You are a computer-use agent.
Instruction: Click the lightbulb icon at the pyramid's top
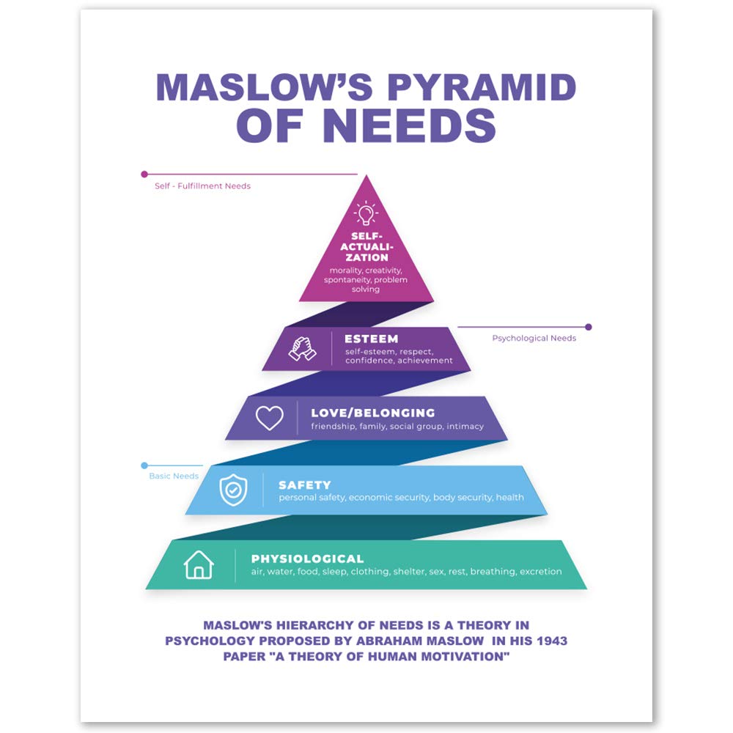[x=365, y=213]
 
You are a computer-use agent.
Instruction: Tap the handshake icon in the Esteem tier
[x=302, y=348]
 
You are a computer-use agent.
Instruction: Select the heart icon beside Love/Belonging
[x=269, y=418]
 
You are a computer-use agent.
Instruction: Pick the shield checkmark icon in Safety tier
[x=233, y=490]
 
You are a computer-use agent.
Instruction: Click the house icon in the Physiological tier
[x=199, y=565]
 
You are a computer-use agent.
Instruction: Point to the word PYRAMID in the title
[x=481, y=87]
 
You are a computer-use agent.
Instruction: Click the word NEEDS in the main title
[x=409, y=126]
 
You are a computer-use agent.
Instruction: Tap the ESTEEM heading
[x=371, y=339]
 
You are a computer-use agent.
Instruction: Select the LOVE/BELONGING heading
[x=372, y=413]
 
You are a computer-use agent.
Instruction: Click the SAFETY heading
[x=304, y=485]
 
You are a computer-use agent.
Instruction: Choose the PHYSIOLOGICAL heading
[x=307, y=559]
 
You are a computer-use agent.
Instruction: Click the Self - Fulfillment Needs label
[x=202, y=186]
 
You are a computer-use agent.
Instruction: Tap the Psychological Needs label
[x=534, y=339]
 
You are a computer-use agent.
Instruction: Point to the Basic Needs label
[x=174, y=476]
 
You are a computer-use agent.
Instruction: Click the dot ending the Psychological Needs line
[x=588, y=327]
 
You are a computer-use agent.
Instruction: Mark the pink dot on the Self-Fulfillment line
[x=144, y=174]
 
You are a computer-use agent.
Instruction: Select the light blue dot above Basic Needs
[x=144, y=465]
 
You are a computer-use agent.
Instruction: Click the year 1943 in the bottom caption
[x=551, y=641]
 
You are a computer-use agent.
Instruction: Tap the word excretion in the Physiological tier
[x=540, y=572]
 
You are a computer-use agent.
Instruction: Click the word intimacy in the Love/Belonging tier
[x=465, y=426]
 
